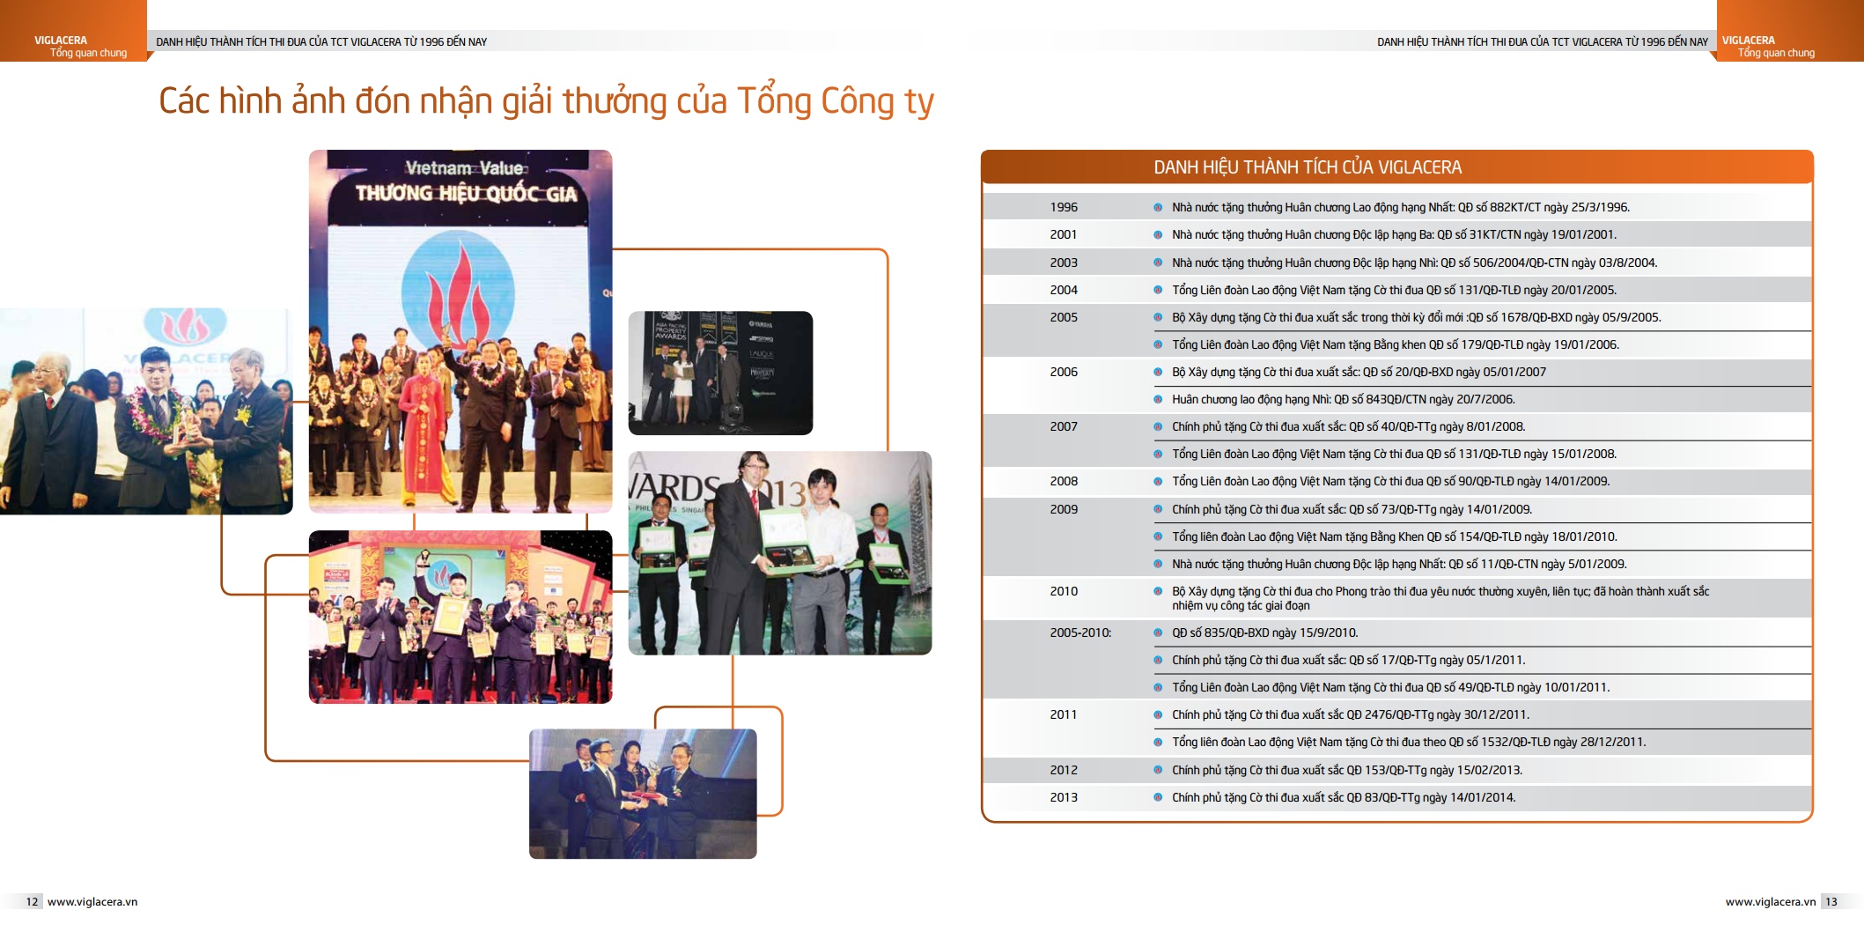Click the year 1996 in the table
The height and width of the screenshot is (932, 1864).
[1063, 207]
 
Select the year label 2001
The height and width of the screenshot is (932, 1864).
[1063, 234]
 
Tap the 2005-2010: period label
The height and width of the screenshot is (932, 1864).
[1080, 632]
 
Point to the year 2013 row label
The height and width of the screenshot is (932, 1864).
[1063, 797]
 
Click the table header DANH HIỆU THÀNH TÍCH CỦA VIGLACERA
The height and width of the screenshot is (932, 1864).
[1308, 167]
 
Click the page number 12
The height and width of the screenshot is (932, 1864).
[33, 901]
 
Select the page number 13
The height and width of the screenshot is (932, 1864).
[1831, 901]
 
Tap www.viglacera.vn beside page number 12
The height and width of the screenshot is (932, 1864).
[92, 901]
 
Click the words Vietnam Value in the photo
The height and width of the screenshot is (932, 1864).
[464, 167]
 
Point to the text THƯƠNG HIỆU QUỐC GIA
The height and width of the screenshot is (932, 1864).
[466, 193]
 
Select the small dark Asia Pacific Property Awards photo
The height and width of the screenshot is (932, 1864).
[720, 373]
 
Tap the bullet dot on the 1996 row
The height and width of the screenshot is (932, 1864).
[1158, 208]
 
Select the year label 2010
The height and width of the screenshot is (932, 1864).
[1063, 591]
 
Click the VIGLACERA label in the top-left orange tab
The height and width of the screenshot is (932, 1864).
[61, 41]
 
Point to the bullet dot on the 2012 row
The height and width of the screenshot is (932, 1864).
[1158, 770]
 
